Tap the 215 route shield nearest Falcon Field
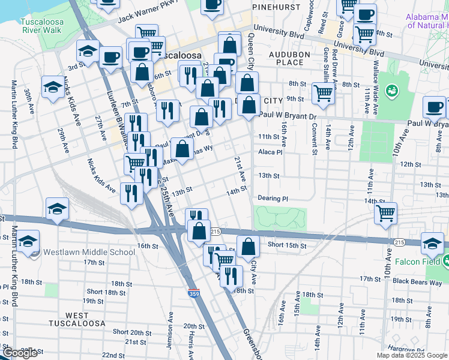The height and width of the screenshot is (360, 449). (399, 242)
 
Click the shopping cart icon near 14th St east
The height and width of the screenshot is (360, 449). (385, 212)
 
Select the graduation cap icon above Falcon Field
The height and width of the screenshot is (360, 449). (432, 243)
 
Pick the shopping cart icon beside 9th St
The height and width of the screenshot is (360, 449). (323, 93)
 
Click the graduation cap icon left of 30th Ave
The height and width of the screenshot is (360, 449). (53, 87)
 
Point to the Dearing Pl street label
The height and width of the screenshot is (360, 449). (273, 198)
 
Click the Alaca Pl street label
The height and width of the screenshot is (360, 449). (270, 152)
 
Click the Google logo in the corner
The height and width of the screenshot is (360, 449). (19, 353)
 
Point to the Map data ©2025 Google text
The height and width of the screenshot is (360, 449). (412, 355)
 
